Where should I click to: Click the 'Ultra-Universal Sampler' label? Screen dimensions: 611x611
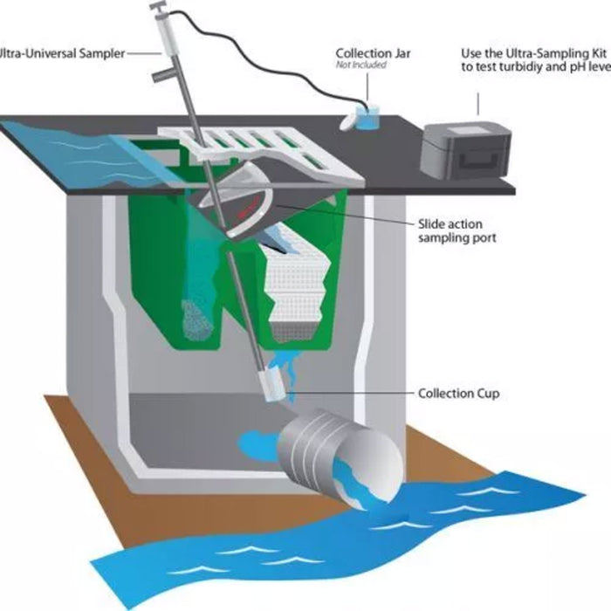(x=62, y=53)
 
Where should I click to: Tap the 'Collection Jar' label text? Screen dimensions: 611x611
(x=373, y=53)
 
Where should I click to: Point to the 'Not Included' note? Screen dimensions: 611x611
(x=360, y=65)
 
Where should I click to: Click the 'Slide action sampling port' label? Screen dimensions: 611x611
(x=457, y=230)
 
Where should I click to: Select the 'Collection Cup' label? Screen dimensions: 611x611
(x=458, y=393)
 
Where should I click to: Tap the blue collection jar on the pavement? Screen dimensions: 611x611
(x=367, y=117)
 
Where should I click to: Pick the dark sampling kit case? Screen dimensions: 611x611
(x=465, y=150)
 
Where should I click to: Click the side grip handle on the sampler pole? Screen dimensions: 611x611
(x=161, y=73)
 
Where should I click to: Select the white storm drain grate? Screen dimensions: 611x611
(x=261, y=154)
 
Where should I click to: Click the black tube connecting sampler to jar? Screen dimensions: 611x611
(x=269, y=58)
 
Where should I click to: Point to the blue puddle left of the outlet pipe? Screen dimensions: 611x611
(x=258, y=445)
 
